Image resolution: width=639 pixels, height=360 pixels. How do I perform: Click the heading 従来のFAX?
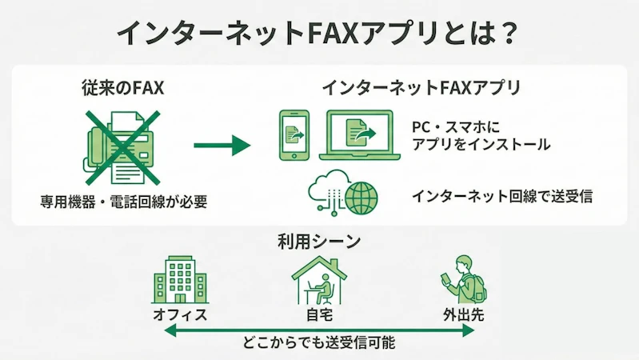[122, 87]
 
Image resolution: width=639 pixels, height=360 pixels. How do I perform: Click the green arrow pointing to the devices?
[222, 146]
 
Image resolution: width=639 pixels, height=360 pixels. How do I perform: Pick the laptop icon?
[361, 134]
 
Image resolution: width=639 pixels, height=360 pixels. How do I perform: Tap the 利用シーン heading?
[319, 241]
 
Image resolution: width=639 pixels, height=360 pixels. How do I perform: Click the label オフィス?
[180, 314]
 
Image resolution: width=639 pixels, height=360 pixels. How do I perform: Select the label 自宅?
[319, 314]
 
